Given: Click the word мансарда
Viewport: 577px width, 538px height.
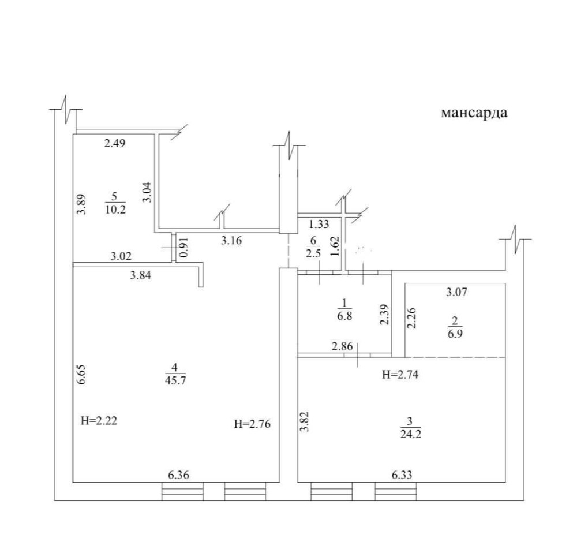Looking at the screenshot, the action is click(474, 113).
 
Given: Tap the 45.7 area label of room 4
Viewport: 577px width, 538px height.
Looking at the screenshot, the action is click(175, 380).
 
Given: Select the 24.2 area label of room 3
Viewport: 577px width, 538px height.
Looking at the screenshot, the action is click(411, 434).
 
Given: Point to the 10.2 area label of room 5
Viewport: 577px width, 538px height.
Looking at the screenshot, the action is click(115, 210).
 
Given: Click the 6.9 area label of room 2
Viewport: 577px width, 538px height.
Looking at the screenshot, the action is click(455, 334).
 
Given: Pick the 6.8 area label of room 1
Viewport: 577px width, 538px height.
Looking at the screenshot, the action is click(344, 316).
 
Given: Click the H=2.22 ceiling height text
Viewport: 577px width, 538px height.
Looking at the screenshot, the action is click(99, 421).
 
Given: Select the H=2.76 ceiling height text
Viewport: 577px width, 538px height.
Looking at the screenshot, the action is click(252, 424).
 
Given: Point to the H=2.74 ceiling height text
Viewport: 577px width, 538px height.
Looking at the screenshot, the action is click(400, 375).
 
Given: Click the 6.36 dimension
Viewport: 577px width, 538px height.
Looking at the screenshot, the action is click(178, 475).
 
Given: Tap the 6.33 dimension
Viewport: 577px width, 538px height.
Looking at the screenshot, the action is click(402, 475).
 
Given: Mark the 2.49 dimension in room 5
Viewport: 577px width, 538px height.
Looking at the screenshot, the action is click(115, 143).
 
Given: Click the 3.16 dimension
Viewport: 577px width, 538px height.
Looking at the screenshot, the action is click(231, 241).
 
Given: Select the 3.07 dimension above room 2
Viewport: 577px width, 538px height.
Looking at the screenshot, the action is click(456, 292).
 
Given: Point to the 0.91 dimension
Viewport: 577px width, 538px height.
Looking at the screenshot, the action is click(185, 247).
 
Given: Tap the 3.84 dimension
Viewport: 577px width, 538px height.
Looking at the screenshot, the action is click(141, 275).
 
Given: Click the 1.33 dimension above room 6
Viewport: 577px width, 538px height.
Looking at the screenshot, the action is click(319, 224).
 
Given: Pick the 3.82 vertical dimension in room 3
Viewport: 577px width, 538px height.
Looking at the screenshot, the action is click(304, 421).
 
